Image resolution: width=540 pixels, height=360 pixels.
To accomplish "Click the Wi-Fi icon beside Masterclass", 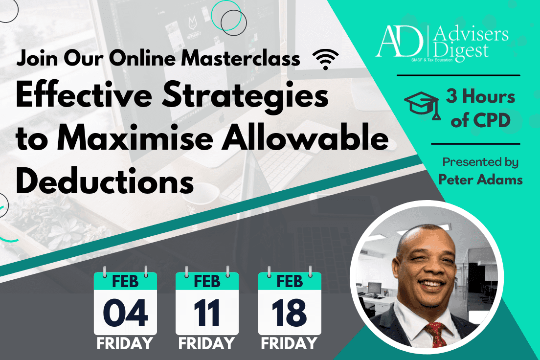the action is pyautogui.click(x=325, y=59).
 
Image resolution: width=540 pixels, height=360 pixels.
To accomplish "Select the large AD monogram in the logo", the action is pyautogui.click(x=400, y=42).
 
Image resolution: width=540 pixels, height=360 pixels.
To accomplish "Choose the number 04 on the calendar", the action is pyautogui.click(x=125, y=313).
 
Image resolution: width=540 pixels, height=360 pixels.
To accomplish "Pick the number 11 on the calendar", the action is pyautogui.click(x=206, y=313).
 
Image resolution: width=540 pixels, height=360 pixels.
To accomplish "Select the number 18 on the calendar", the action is pyautogui.click(x=289, y=313).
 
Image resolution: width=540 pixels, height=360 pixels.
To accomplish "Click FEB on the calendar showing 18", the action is pyautogui.click(x=290, y=281).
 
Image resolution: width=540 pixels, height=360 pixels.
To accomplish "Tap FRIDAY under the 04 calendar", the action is pyautogui.click(x=125, y=343).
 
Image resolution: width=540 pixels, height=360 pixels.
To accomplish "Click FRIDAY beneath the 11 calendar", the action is pyautogui.click(x=206, y=343).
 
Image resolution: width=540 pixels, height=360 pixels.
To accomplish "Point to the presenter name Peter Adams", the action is pyautogui.click(x=480, y=180).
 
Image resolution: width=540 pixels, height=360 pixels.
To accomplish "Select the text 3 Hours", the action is pyautogui.click(x=480, y=96).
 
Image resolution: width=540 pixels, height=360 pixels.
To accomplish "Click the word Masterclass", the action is pyautogui.click(x=241, y=59).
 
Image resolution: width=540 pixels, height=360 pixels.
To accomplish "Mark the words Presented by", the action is pyautogui.click(x=480, y=162).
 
